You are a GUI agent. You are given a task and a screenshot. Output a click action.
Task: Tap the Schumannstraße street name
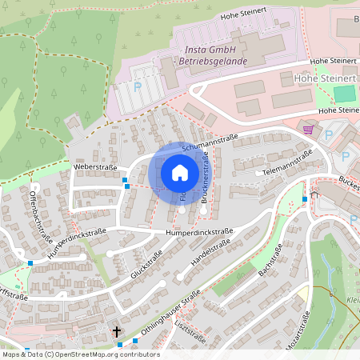click(211, 143)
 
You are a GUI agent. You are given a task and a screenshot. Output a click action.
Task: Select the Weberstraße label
click(95, 167)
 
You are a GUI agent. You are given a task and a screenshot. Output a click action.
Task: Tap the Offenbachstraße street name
click(41, 216)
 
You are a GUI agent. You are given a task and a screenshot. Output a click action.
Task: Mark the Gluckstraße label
click(146, 263)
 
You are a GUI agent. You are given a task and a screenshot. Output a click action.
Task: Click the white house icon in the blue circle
click(180, 172)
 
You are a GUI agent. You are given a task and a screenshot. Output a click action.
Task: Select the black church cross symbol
click(116, 330)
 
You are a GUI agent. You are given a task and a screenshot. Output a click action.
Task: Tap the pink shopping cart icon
click(309, 128)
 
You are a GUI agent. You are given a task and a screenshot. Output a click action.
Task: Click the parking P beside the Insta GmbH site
click(137, 86)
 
